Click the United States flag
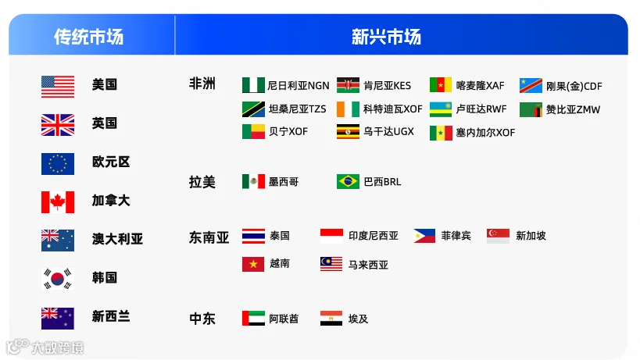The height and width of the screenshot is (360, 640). point(58,87)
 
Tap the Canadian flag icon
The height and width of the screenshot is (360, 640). point(58,201)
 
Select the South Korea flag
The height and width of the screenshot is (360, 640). point(58,279)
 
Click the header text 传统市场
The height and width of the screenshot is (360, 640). point(88,37)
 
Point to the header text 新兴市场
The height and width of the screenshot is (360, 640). point(386,37)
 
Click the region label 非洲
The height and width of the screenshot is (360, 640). point(202,84)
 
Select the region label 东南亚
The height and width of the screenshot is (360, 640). point(209,237)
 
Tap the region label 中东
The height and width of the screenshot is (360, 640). point(202,319)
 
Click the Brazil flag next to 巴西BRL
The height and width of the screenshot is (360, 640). point(348,181)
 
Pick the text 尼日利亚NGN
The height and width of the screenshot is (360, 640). point(299,86)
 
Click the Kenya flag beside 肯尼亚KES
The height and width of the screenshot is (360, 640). point(348,85)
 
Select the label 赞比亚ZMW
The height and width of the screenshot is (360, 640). point(573,109)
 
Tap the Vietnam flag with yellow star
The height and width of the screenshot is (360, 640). point(253,264)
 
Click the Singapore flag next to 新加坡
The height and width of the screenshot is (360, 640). point(498,236)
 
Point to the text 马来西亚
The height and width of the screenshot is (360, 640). point(368,265)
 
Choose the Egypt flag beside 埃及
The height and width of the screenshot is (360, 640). point(331,319)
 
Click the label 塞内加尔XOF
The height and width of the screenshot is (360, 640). point(485,133)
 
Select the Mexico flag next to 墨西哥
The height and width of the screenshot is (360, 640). point(253,181)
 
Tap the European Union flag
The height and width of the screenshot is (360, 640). point(58,164)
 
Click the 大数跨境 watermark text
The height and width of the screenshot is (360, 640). point(58,348)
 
